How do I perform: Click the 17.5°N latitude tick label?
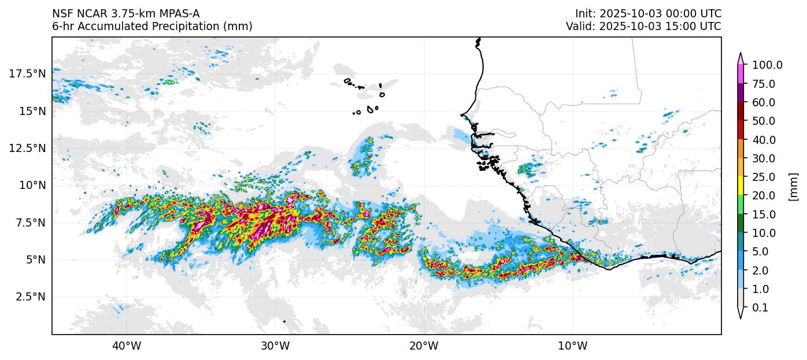[27, 74]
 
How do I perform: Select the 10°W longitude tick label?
[572, 346]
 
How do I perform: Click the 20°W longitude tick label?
[424, 346]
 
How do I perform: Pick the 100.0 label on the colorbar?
[767, 65]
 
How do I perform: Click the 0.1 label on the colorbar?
[760, 308]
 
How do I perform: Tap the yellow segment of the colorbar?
[741, 186]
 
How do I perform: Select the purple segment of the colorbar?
[741, 93]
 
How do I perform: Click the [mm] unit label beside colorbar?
[793, 187]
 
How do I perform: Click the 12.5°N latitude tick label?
[27, 149]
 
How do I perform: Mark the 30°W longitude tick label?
[275, 346]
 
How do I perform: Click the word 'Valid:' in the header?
[580, 27]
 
